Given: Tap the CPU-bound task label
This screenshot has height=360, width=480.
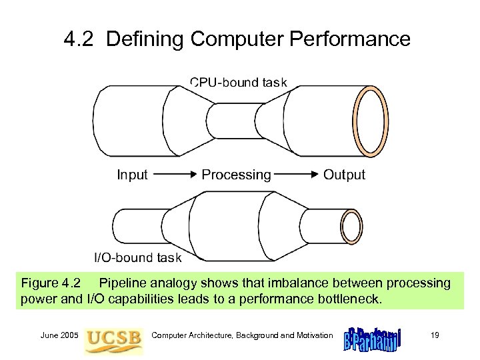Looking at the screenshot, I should point(239,83).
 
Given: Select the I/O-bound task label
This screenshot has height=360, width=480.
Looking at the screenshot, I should point(136,257).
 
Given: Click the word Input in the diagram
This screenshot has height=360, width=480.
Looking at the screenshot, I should point(132,175).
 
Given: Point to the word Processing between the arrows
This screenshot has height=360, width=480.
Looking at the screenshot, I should point(237,175).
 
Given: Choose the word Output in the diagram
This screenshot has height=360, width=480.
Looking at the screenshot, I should point(344,175).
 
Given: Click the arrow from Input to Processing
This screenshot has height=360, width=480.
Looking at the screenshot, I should point(175,175).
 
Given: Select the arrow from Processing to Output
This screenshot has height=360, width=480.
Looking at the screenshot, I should point(297,175).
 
